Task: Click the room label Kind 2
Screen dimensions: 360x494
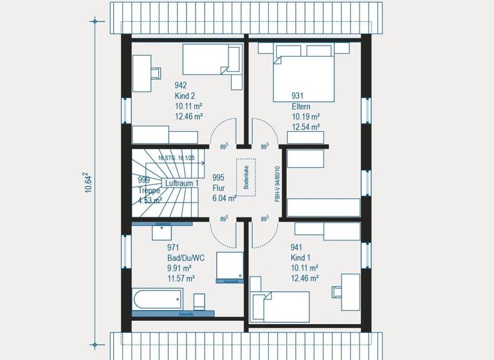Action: [x=185, y=96]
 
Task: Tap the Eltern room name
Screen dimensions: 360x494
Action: [x=302, y=107]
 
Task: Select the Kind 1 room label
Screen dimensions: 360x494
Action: [x=301, y=257]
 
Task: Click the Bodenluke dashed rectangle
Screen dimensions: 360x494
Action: [x=246, y=175]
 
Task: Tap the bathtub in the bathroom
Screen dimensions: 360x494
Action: [x=158, y=299]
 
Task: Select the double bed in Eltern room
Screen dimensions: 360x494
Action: [x=304, y=75]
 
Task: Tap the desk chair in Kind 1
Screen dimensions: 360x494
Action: [x=336, y=292]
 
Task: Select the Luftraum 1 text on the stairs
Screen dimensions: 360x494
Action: [x=181, y=184]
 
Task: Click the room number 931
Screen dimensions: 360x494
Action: [x=297, y=96]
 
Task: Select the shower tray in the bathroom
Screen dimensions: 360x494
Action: [x=230, y=266]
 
